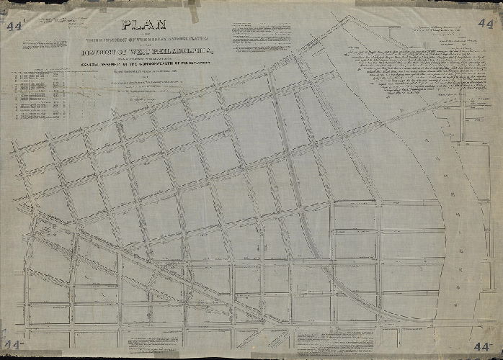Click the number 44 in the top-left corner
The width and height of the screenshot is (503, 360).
[13, 27]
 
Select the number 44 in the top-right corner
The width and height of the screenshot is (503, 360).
[485, 22]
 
